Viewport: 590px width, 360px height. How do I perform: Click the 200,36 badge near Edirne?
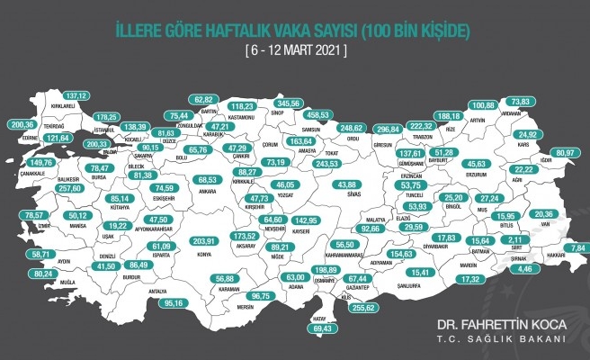click(x=21, y=124)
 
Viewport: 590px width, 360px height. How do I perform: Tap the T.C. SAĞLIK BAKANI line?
click(x=510, y=340)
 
